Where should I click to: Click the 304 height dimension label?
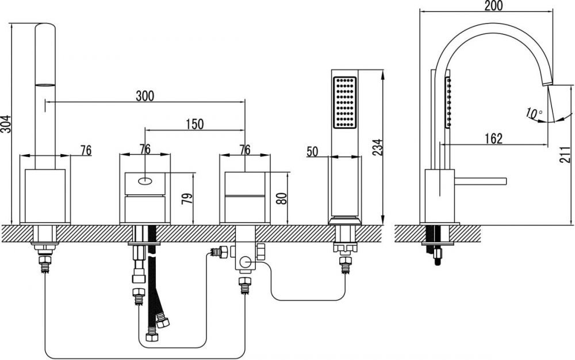[6, 124]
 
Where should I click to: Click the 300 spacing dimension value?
[145, 96]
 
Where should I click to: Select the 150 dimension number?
[195, 124]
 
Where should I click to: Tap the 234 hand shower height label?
[377, 147]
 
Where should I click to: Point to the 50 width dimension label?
[312, 151]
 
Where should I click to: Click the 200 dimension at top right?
[493, 6]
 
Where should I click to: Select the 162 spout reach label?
[493, 139]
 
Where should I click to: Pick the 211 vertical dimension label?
[565, 154]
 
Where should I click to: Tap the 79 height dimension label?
[187, 198]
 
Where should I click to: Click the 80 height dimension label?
[282, 198]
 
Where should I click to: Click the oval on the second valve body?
[145, 181]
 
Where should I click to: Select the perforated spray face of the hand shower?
[344, 102]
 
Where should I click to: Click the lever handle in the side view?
[480, 181]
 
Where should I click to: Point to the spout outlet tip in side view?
[547, 83]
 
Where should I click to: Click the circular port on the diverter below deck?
[245, 262]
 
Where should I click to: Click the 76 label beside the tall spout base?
[86, 150]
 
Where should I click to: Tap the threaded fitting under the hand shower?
[345, 266]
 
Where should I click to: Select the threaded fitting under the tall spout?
[45, 264]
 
